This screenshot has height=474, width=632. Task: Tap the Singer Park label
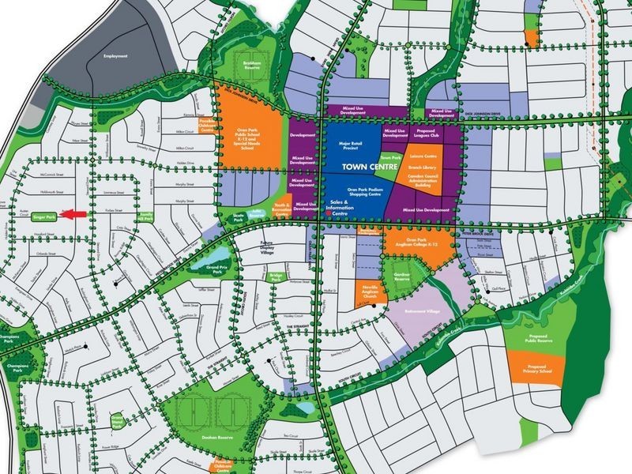coord(43,215)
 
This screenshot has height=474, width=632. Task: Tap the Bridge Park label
coord(275,277)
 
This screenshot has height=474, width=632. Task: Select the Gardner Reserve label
coord(402,277)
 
